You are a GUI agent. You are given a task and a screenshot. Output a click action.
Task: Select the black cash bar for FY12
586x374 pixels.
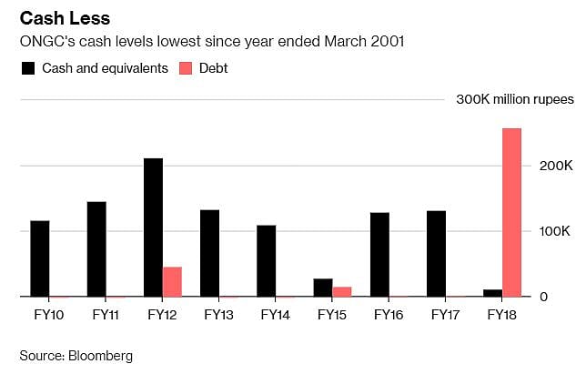pos(153,227)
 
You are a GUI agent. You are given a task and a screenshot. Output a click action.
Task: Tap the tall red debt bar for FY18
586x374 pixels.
pos(511,212)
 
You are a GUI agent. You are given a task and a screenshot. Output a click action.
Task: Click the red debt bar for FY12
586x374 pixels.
pos(172,281)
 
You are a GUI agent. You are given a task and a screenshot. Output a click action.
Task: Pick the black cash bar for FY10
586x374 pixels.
pos(40,258)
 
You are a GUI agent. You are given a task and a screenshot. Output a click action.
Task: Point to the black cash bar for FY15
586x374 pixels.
pos(323,288)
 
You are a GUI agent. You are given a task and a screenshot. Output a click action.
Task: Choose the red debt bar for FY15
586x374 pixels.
pos(342,291)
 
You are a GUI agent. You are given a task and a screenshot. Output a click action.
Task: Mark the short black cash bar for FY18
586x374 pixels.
pos(492,293)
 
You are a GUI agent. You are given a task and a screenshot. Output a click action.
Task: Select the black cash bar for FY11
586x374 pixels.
pos(96,248)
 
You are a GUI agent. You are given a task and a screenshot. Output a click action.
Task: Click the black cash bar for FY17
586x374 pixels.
pos(436,253)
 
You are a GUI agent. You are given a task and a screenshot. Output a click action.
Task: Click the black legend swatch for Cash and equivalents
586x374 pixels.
pos(27,68)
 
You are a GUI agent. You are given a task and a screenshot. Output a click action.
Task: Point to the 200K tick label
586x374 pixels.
pos(555,167)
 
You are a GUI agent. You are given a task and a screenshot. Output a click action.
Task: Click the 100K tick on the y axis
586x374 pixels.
pos(555,232)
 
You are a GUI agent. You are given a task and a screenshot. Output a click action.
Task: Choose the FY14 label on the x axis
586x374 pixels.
pos(276,315)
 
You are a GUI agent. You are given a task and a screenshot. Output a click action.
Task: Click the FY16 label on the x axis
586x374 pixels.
pos(389,315)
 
